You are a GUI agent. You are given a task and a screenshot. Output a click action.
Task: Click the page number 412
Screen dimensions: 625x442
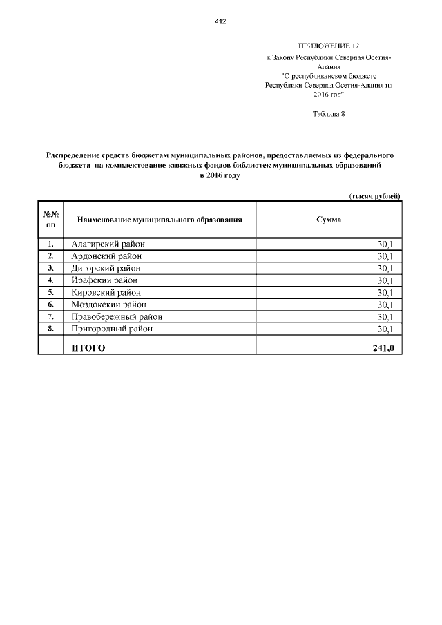[221, 21]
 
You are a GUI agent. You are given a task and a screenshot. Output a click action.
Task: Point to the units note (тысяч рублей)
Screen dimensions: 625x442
[374, 196]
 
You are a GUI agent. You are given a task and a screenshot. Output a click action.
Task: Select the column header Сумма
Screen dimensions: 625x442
[328, 220]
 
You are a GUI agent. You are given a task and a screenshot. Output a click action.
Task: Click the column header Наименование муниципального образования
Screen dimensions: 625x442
[160, 220]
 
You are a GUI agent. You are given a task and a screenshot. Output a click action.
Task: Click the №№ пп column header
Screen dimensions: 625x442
[50, 220]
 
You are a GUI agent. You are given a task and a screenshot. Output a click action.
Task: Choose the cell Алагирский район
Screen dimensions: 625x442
[108, 244]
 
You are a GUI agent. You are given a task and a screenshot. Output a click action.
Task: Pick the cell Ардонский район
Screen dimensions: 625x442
[106, 256]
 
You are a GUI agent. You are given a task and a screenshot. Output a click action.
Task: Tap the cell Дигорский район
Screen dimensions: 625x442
[106, 268]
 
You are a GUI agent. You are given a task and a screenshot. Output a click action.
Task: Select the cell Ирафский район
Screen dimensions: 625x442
[104, 280]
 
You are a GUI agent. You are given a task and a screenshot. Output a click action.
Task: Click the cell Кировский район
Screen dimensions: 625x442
[106, 292]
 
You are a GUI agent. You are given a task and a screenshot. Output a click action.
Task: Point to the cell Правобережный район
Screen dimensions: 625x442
[117, 316]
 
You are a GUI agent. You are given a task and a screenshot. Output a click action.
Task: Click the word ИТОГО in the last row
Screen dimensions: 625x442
[88, 348]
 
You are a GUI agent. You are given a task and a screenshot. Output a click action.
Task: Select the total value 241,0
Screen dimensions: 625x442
[383, 348]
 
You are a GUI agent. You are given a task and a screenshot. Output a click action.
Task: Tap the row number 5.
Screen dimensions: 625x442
[50, 292]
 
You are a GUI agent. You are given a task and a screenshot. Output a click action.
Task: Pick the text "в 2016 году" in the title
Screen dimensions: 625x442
[220, 177]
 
